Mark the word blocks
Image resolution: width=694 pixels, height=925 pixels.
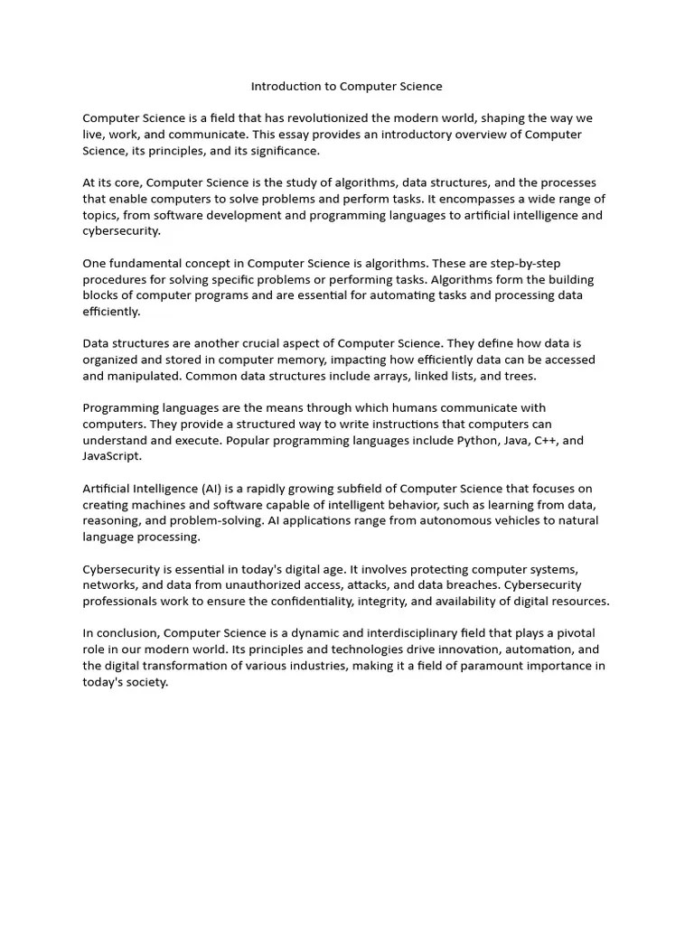point(101,295)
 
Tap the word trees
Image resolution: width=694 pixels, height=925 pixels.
point(520,376)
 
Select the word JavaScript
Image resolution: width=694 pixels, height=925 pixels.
point(112,456)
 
